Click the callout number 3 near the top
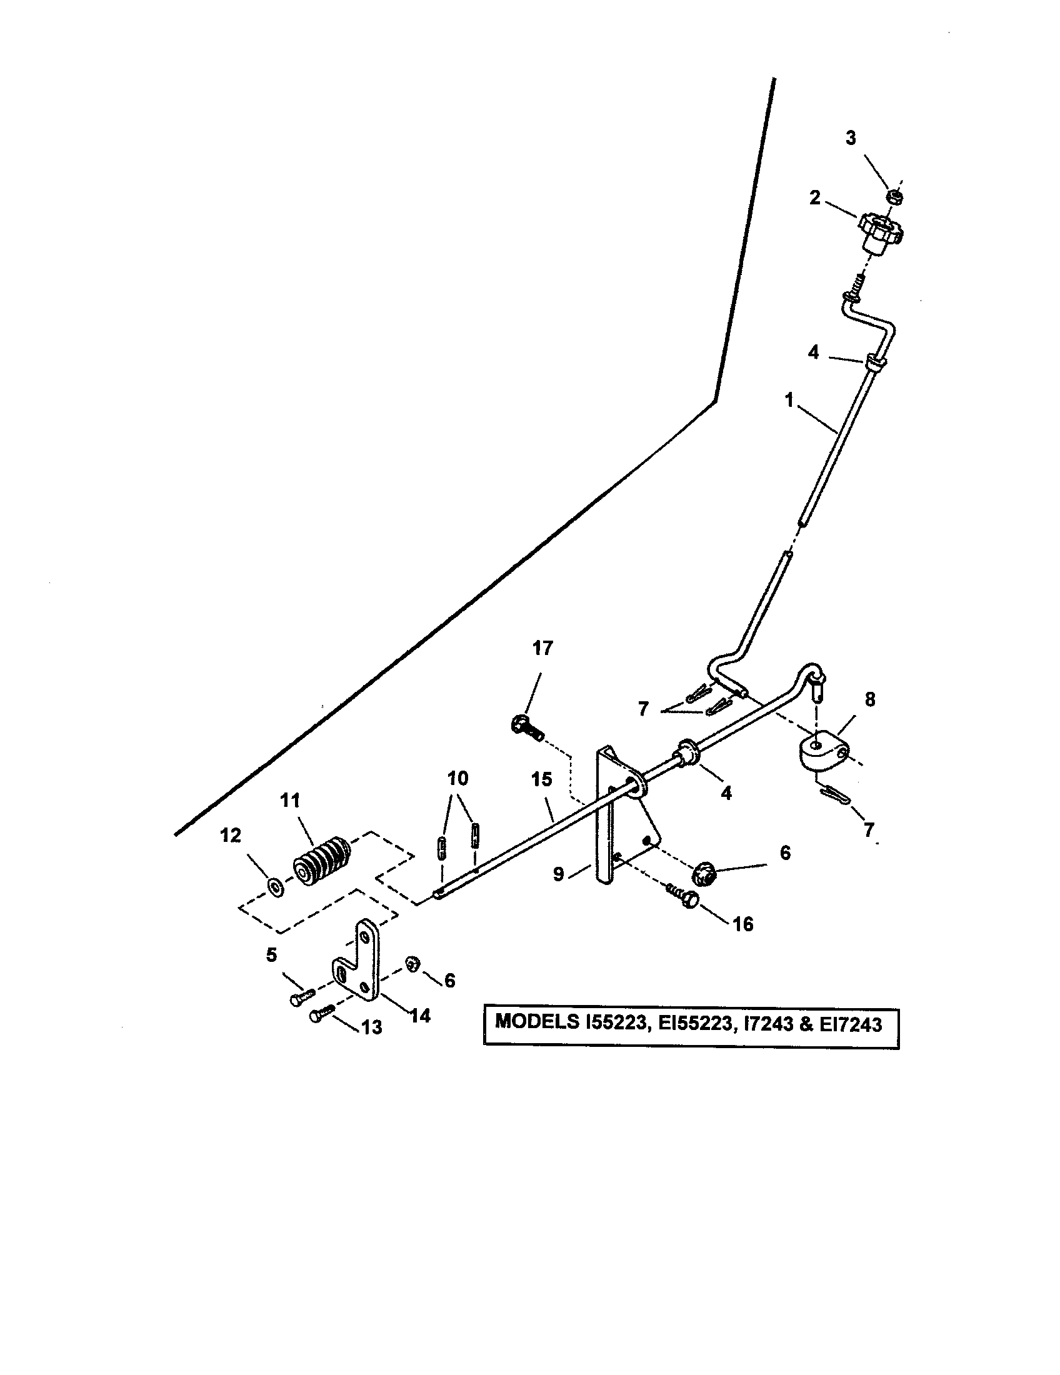(x=851, y=139)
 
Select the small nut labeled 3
(x=897, y=196)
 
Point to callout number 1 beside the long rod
(x=789, y=400)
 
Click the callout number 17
(x=542, y=648)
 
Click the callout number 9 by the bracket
(x=558, y=874)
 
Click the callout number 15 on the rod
(x=541, y=779)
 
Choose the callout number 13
(x=371, y=1027)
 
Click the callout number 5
(x=271, y=955)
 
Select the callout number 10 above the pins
(x=458, y=779)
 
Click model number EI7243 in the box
(x=851, y=1024)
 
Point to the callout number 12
(x=231, y=836)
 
